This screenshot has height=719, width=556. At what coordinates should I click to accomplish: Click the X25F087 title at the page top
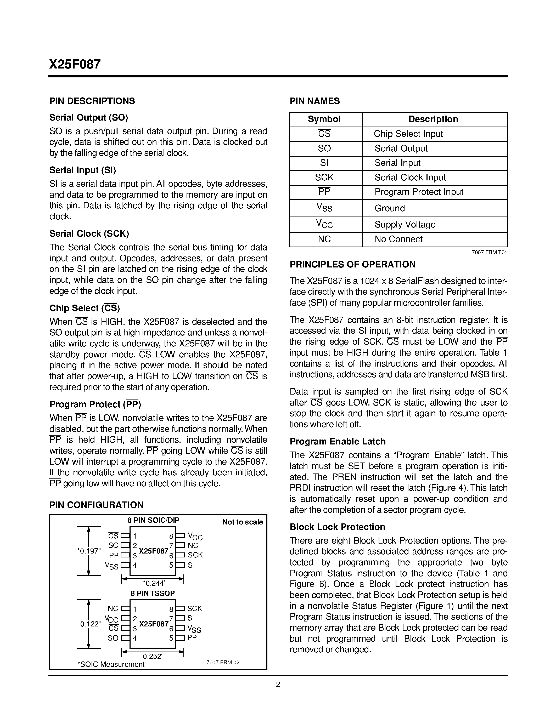coord(75,64)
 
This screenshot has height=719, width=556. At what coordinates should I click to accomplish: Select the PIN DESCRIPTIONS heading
coord(92,101)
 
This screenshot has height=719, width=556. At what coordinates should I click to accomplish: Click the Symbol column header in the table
coord(324,119)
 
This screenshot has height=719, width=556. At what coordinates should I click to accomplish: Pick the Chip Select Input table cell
coord(408,134)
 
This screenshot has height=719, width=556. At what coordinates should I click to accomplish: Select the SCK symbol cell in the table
coord(324,178)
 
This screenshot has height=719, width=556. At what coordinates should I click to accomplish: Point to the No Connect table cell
coord(398,239)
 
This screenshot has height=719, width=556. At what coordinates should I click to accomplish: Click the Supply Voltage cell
coord(405,225)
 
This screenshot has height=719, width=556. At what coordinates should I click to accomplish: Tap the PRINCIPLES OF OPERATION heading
coord(352,265)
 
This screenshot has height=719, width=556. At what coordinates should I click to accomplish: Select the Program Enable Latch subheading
coord(338,442)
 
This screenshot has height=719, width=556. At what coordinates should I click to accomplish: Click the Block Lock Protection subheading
coord(337,527)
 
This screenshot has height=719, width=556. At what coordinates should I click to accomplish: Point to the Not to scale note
coord(243,522)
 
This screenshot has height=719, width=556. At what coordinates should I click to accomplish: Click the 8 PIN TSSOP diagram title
coord(153,593)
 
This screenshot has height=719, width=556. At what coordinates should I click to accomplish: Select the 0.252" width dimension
coord(153,657)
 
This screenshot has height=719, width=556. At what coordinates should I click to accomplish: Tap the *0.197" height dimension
coord(89,551)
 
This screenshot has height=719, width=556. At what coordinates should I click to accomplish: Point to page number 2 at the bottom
coord(278,685)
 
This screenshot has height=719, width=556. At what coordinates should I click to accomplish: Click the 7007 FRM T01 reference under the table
coord(489,253)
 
